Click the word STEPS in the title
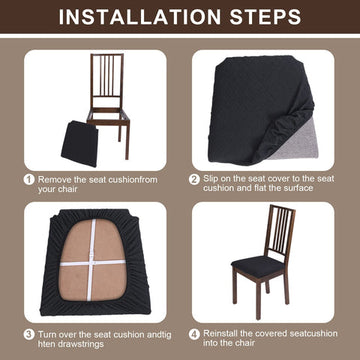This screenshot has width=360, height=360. (x=261, y=17)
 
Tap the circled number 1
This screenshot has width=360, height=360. (x=29, y=180)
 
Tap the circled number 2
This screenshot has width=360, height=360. (x=194, y=179)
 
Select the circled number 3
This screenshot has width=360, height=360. (x=29, y=334)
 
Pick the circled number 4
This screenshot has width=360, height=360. (x=194, y=334)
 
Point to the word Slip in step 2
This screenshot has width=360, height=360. (x=211, y=178)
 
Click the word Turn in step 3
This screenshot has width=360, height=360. (x=46, y=334)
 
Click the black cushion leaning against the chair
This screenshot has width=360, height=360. (x=80, y=144)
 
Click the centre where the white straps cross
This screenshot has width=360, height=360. (x=91, y=262)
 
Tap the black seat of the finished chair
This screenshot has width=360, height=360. (x=258, y=266)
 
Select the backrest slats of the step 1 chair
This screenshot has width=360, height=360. (x=107, y=76)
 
